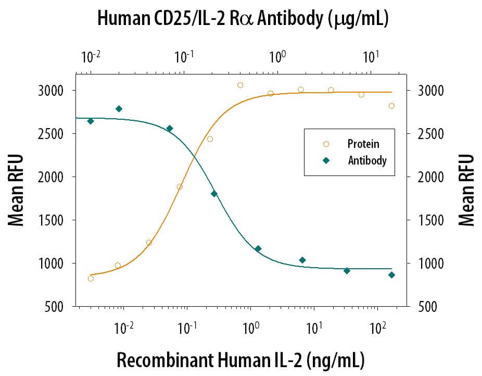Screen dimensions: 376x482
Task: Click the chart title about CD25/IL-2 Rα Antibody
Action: [x=243, y=19]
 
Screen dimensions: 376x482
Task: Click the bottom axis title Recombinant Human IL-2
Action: [x=240, y=359]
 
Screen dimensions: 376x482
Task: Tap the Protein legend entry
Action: [x=363, y=144]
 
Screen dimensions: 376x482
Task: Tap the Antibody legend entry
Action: [x=367, y=160]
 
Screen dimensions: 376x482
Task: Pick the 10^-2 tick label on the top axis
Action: [x=90, y=56]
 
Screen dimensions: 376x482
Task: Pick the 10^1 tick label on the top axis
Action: [x=371, y=56]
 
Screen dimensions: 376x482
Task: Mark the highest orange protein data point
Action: [x=240, y=85]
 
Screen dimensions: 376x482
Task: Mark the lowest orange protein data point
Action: [x=91, y=279]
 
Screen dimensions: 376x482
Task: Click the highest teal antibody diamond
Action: [x=119, y=109]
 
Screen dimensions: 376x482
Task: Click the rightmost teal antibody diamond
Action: [x=391, y=275]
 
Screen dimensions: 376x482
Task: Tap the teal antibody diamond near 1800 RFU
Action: [x=214, y=194]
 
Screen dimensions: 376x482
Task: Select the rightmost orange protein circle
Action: [x=391, y=106]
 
